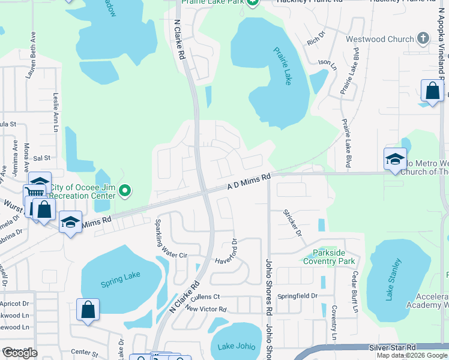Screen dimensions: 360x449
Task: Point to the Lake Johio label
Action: click(x=237, y=346)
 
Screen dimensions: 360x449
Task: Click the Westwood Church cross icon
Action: click(x=423, y=39)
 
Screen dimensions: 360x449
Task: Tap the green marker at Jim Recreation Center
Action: click(x=125, y=191)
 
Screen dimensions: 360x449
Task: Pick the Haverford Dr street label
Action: click(x=235, y=253)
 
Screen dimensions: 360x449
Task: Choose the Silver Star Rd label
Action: click(x=393, y=347)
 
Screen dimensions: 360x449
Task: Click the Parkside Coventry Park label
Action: click(x=329, y=257)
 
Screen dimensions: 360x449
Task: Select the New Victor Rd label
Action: click(x=206, y=309)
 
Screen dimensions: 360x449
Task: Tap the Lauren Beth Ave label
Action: click(x=27, y=65)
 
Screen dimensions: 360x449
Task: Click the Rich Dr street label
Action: click(x=315, y=41)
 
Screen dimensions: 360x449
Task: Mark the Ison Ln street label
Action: click(x=325, y=62)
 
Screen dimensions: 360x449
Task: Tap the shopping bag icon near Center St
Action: click(x=88, y=310)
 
